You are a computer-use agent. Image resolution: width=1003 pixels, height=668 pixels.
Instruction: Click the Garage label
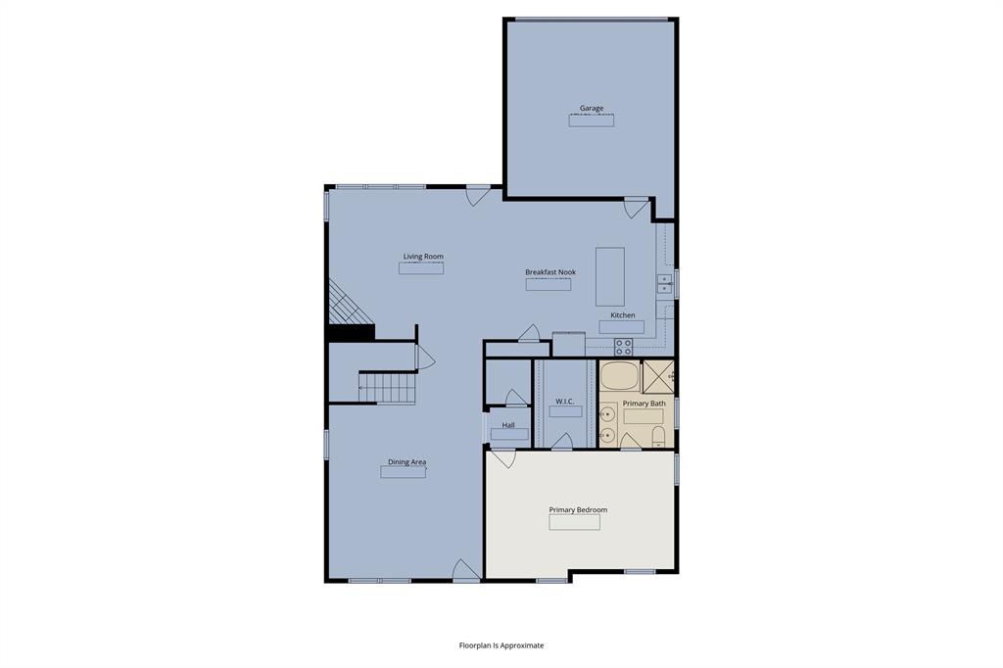pos(591,109)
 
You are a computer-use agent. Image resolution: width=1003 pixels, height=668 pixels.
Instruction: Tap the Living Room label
pos(423,257)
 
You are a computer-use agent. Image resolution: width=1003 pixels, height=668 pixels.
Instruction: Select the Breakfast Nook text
pos(549,272)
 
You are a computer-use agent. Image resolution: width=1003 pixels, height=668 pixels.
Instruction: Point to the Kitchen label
pos(623,315)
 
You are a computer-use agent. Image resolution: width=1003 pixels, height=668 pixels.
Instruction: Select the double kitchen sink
pos(664,284)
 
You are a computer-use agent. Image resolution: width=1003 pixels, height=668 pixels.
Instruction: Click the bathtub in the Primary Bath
pos(618,376)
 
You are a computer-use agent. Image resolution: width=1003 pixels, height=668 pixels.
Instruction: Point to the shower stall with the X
pos(657,376)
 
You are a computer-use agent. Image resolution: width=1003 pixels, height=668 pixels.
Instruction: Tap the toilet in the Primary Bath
pos(657,436)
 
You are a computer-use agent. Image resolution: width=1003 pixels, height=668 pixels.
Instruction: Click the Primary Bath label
pos(644,404)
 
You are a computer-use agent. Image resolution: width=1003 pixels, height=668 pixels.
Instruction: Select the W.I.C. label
pos(564,402)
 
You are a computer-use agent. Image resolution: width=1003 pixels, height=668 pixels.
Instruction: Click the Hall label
pos(508,425)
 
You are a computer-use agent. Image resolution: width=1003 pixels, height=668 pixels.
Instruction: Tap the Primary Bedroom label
pos(578,509)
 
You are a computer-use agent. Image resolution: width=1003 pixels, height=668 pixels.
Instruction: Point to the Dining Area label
pos(406,462)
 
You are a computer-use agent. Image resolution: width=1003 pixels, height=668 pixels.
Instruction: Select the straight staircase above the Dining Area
pos(387,387)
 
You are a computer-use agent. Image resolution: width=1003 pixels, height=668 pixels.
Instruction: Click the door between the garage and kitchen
pos(636,206)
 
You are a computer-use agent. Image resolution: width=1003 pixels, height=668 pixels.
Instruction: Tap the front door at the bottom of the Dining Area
pos(466,570)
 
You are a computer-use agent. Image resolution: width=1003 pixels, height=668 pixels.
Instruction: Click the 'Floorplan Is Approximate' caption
pos(501,645)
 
